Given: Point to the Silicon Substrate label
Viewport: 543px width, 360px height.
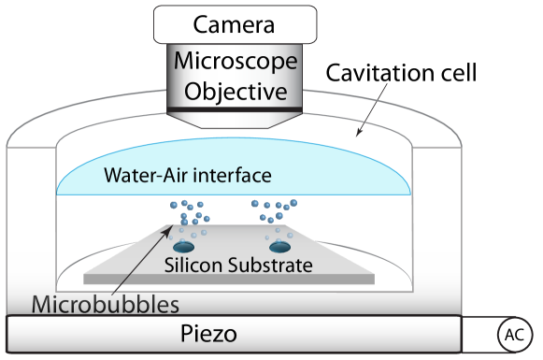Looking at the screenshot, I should click(x=237, y=264).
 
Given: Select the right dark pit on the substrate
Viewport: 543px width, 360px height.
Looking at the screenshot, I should click(x=279, y=248).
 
